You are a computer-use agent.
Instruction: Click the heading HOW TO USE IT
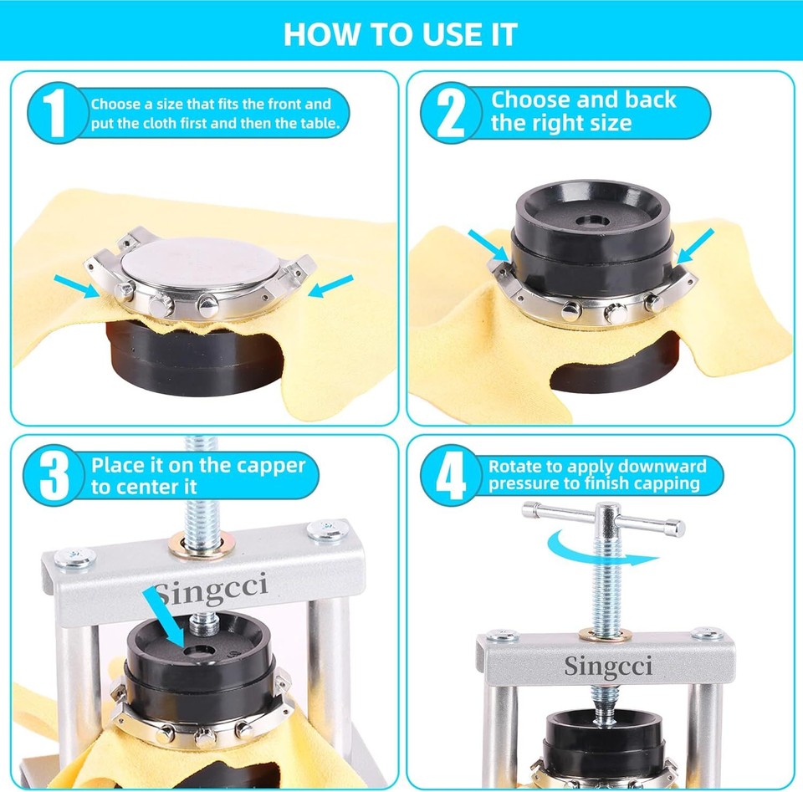pyautogui.click(x=401, y=34)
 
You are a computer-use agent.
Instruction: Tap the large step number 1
pyautogui.click(x=54, y=114)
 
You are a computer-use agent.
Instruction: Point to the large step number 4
pyautogui.click(x=451, y=477)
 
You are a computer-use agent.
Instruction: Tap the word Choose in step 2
pyautogui.click(x=526, y=100)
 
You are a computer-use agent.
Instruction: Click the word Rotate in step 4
pyautogui.click(x=515, y=467)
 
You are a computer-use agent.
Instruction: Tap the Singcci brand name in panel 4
pyautogui.click(x=607, y=666)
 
